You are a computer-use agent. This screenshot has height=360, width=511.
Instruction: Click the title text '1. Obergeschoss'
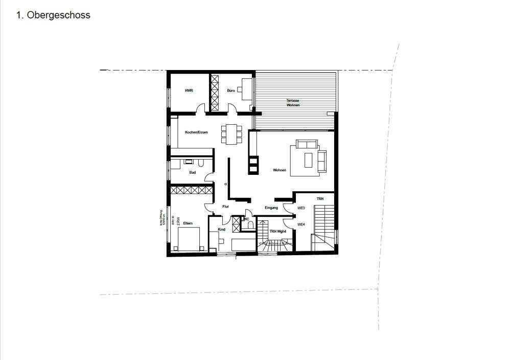pyautogui.click(x=53, y=15)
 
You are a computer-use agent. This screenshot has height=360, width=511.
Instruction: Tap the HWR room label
pyautogui.click(x=189, y=91)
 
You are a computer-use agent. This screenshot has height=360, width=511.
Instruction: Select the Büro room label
pyautogui.click(x=231, y=91)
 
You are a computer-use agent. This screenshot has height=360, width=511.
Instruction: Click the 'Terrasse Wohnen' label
pyautogui.click(x=293, y=103)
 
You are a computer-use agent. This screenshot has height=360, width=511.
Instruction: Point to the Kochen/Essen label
pyautogui.click(x=197, y=132)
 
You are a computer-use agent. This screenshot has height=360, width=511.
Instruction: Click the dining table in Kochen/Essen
pyautogui.click(x=231, y=133)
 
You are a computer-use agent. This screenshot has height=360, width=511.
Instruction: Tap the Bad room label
pyautogui.click(x=193, y=172)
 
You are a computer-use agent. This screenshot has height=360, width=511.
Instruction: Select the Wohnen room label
pyautogui.click(x=280, y=170)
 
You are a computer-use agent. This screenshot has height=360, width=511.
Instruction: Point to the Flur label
pyautogui.click(x=225, y=207)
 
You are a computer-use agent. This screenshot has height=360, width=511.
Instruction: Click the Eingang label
pyautogui.click(x=271, y=208)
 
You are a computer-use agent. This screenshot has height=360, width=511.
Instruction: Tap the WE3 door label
pyautogui.click(x=301, y=208)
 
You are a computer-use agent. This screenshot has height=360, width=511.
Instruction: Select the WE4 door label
pyautogui.click(x=301, y=224)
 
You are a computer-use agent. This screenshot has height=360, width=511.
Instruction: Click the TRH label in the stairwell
pyautogui.click(x=320, y=198)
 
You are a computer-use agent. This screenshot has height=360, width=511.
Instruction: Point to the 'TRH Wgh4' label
pyautogui.click(x=277, y=231)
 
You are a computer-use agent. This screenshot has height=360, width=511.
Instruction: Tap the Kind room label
pyautogui.click(x=222, y=230)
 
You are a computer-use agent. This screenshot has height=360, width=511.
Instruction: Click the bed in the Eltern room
pyautogui.click(x=189, y=239)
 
